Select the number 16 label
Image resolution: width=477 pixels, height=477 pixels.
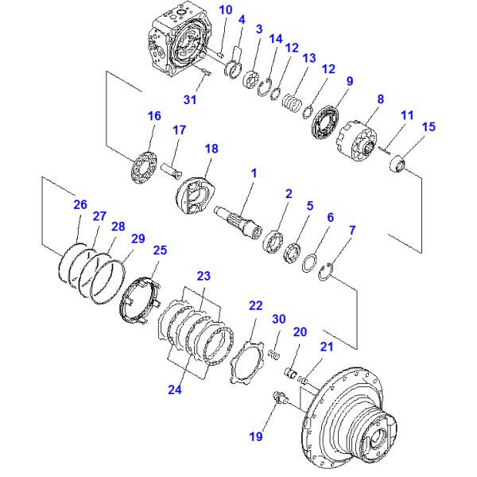pos(153,116)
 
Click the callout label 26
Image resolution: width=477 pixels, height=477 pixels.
pos(79,204)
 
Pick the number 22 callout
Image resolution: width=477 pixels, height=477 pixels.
pos(255,306)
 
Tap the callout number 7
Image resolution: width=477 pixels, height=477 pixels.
pos(352,231)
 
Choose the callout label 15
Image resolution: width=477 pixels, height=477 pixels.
pos(429,126)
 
